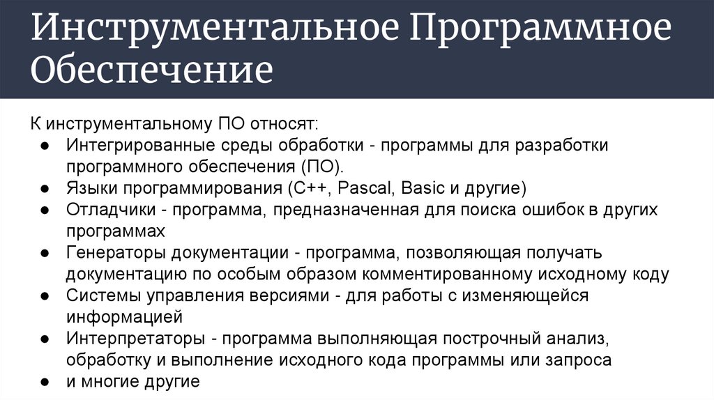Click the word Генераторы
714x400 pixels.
(117, 252)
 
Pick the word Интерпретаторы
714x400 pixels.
(136, 339)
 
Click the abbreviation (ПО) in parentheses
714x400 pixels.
(322, 167)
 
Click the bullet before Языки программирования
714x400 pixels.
(43, 189)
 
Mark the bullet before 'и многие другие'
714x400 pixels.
(43, 382)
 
